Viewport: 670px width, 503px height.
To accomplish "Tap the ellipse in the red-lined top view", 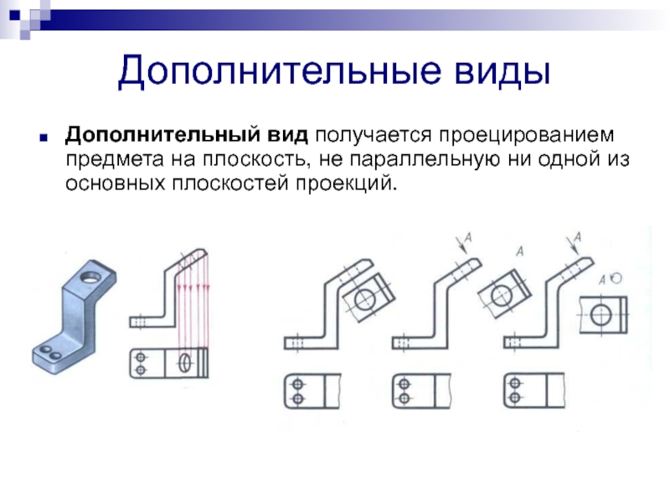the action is [185, 362].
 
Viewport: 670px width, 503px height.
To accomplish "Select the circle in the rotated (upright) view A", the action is [601, 314].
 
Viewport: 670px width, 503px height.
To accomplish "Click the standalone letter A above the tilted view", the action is [520, 251].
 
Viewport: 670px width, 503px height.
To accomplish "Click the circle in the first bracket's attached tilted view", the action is [366, 300].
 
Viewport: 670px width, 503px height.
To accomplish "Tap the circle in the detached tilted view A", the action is [501, 294].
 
